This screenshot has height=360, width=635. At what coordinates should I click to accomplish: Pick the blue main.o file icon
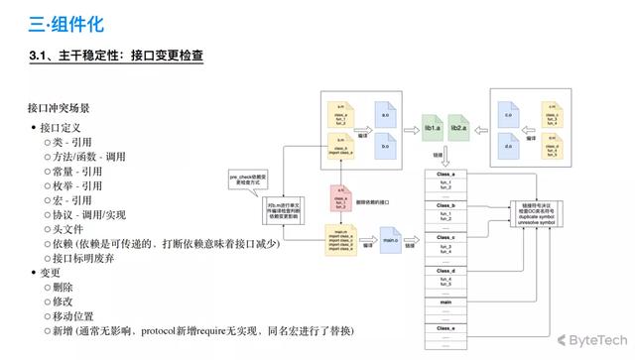click(388, 238)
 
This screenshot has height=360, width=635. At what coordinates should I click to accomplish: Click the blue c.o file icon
click(509, 117)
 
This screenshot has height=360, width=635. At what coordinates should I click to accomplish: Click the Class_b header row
click(444, 205)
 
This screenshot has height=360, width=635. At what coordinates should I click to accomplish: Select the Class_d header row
click(444, 271)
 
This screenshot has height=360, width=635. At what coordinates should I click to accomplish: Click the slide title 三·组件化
click(64, 22)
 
